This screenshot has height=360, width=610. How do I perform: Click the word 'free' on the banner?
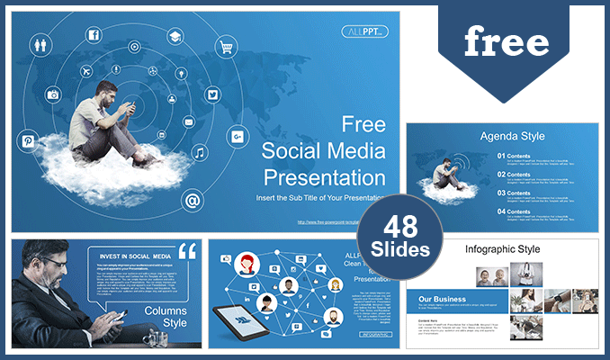[x=506, y=42]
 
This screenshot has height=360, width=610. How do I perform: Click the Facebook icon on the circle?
[x=93, y=35]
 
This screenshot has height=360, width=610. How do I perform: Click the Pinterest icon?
[x=28, y=141]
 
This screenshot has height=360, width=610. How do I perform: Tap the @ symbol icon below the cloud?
[x=192, y=200]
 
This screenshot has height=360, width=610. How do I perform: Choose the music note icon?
[x=199, y=153]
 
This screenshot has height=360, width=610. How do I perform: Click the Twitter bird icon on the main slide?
[x=212, y=94]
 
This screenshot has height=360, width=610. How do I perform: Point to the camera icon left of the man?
[x=53, y=94]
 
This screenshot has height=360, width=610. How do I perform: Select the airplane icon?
[x=86, y=71]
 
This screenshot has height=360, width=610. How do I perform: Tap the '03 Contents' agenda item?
[x=518, y=193]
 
